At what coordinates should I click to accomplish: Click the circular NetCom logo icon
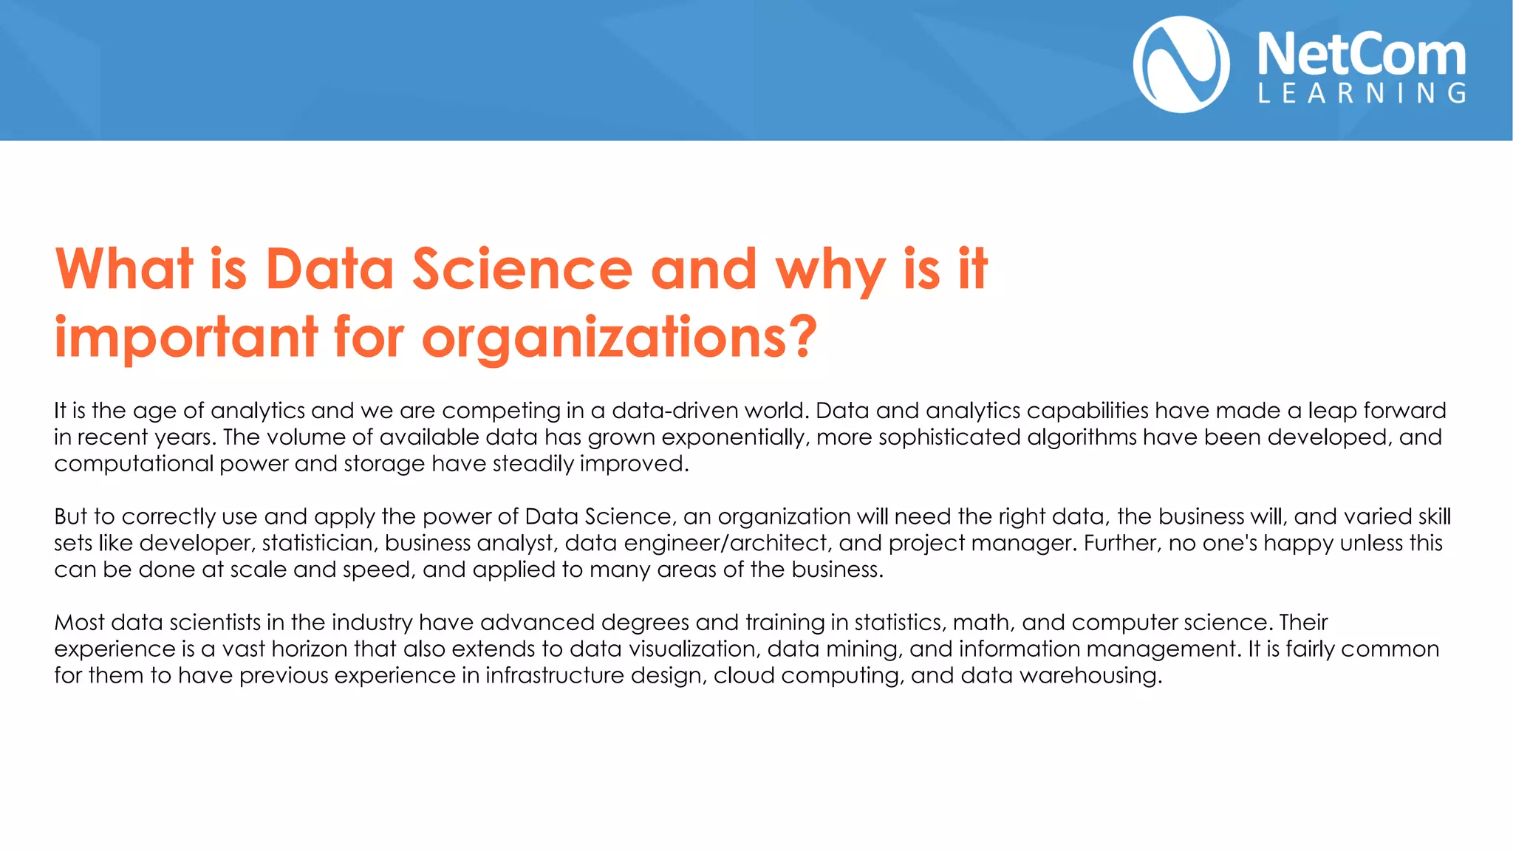[1181, 65]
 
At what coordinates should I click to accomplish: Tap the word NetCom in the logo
[1361, 55]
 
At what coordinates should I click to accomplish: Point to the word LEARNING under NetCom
[1362, 93]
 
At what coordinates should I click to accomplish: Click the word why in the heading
[830, 270]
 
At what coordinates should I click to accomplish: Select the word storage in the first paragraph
[384, 464]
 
